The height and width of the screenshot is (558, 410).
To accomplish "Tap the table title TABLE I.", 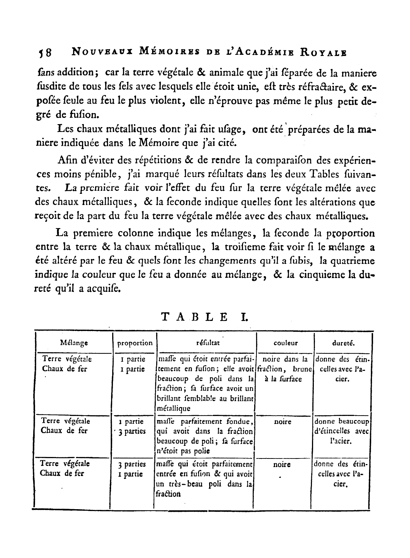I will click(x=205, y=317).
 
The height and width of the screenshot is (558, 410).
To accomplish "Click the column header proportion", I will click(x=135, y=343).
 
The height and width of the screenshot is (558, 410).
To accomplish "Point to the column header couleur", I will click(x=286, y=343).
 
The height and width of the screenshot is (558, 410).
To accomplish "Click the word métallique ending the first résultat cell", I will click(x=174, y=408).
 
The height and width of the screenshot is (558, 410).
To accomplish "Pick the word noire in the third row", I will click(x=282, y=465).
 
